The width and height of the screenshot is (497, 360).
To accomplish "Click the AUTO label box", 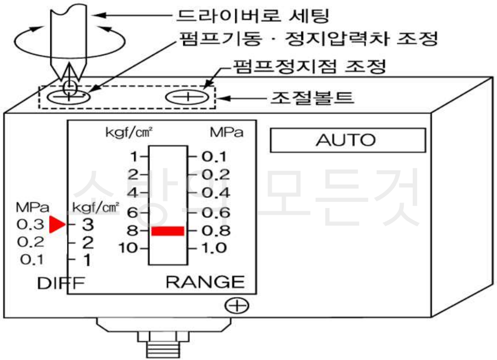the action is pyautogui.click(x=348, y=140).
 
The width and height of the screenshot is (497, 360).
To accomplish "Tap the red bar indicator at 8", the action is pyautogui.click(x=168, y=231).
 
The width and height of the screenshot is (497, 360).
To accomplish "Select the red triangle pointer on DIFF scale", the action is pyautogui.click(x=57, y=225).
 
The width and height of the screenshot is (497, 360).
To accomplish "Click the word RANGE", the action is pyautogui.click(x=205, y=282).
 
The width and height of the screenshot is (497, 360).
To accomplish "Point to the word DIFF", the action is pyautogui.click(x=61, y=283).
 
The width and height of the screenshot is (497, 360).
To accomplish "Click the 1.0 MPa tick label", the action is pyautogui.click(x=214, y=248).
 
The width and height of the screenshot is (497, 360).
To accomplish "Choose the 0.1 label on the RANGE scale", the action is pyautogui.click(x=214, y=156).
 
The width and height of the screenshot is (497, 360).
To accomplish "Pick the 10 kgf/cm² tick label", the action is pyautogui.click(x=128, y=248).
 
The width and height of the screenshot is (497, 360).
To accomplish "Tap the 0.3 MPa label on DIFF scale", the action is pyautogui.click(x=30, y=225).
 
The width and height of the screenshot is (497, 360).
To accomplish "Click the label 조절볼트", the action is pyautogui.click(x=312, y=97).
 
